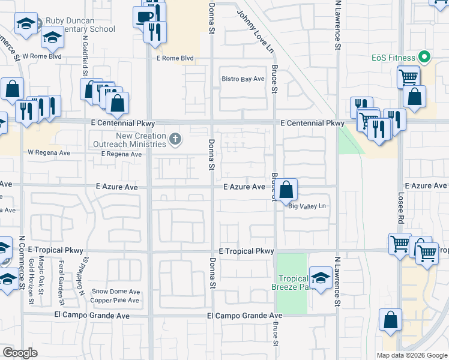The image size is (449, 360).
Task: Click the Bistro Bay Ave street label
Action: point(243,79)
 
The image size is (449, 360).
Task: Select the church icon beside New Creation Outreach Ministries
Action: point(175,140)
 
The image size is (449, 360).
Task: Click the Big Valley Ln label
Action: point(307,206)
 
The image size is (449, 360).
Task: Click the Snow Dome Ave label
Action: point(115,292)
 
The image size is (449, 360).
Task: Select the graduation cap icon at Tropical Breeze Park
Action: point(321,277)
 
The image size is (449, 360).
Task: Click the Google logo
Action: point(20,353)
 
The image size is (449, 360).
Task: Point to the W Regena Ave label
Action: point(49,153)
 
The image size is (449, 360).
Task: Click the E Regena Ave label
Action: point(121,154)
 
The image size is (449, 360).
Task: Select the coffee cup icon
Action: point(144,17)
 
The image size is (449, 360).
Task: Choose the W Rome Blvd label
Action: point(42,57)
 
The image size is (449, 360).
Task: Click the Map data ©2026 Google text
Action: point(411,355)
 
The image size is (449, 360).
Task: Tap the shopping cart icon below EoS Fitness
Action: point(408,76)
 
